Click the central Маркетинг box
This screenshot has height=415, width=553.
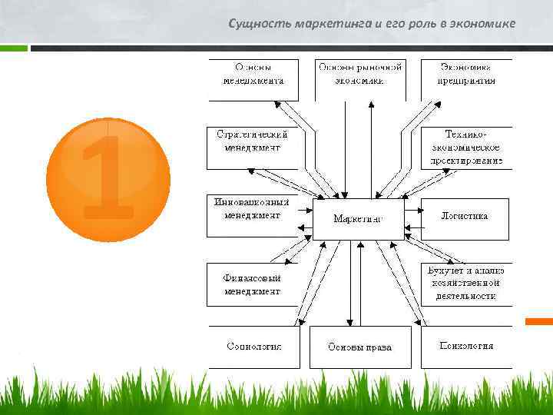[x=358, y=219]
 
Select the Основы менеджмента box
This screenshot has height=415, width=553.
[x=253, y=79]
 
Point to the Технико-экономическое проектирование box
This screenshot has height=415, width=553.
[x=466, y=147]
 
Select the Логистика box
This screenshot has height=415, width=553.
[x=464, y=217]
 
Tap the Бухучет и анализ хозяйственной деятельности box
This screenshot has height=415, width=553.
[x=466, y=284]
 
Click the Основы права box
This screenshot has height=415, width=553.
[x=359, y=347]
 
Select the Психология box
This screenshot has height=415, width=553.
[x=466, y=347]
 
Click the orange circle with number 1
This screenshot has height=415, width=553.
[x=108, y=178]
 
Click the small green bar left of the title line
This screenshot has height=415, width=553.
[x=14, y=48]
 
